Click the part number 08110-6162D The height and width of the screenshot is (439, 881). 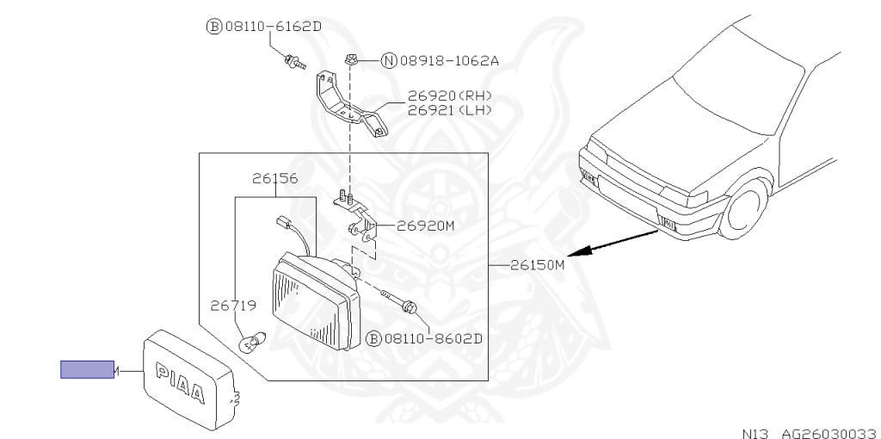click(x=274, y=27)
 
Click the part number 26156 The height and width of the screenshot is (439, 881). click(x=274, y=179)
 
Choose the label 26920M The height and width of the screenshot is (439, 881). click(x=424, y=227)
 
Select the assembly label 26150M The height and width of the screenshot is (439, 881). click(x=534, y=265)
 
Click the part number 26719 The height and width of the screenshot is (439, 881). click(x=233, y=305)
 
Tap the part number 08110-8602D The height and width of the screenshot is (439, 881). click(x=434, y=338)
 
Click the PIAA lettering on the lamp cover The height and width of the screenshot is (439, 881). click(x=180, y=384)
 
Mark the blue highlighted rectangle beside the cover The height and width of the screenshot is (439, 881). click(x=87, y=369)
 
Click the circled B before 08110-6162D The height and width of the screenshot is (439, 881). click(x=214, y=27)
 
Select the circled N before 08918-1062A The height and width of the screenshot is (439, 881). click(x=389, y=60)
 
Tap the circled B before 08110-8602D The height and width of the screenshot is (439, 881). click(x=373, y=338)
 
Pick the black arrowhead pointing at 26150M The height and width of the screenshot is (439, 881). click(x=582, y=250)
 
